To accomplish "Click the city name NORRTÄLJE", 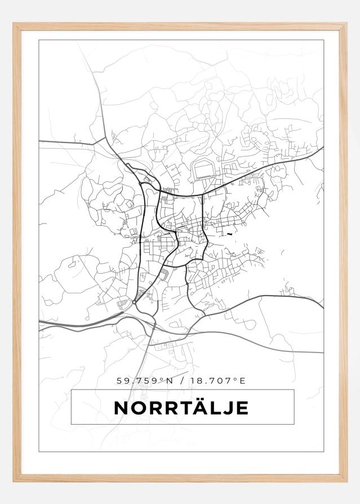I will [181, 408].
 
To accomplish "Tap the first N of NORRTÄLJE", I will [121, 408].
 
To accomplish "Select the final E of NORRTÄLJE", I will [242, 408].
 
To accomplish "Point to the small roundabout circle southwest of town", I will [134, 303].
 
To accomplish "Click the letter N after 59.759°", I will [169, 381].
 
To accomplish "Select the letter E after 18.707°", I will [243, 381].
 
